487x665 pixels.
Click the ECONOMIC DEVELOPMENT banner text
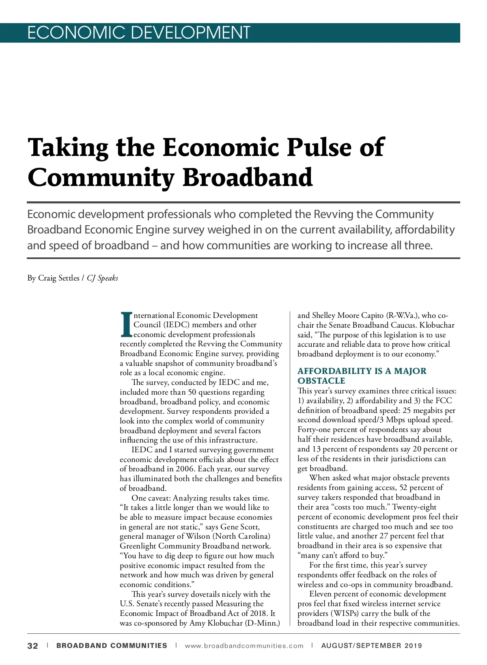(x=138, y=33)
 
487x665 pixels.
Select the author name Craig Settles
(x=59, y=278)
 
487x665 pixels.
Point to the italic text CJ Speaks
(x=103, y=278)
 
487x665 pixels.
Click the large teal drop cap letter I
(x=126, y=324)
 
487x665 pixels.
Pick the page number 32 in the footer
(x=32, y=646)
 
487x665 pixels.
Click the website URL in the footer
(x=244, y=646)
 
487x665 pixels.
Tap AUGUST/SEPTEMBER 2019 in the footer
(x=371, y=646)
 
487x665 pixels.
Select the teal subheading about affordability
(x=362, y=376)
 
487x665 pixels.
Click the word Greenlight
(x=138, y=546)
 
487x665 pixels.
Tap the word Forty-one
(x=314, y=430)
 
